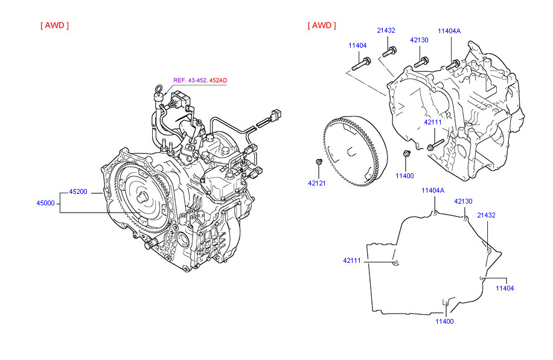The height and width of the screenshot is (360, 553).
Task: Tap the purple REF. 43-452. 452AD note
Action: click(200, 80)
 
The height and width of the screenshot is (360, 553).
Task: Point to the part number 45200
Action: click(78, 191)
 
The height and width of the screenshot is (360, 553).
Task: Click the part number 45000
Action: click(46, 204)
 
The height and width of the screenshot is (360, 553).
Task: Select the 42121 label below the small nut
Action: click(316, 183)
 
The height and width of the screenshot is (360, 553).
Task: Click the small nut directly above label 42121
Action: click(318, 161)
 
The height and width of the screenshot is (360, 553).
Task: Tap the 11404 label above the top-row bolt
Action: click(357, 45)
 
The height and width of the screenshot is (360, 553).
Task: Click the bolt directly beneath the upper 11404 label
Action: click(361, 62)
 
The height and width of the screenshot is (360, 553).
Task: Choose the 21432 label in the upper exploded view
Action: click(386, 30)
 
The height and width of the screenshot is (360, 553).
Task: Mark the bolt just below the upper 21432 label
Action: click(390, 51)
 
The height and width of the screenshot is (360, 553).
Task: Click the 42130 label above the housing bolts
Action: click(419, 40)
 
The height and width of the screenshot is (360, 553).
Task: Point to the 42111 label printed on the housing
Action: click(432, 122)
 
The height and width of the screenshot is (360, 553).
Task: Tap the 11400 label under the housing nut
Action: click(404, 176)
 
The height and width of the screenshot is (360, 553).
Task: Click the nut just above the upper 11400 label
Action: click(408, 154)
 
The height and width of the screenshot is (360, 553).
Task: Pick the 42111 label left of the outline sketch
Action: click(352, 260)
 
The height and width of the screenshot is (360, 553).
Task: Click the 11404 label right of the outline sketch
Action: click(505, 288)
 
